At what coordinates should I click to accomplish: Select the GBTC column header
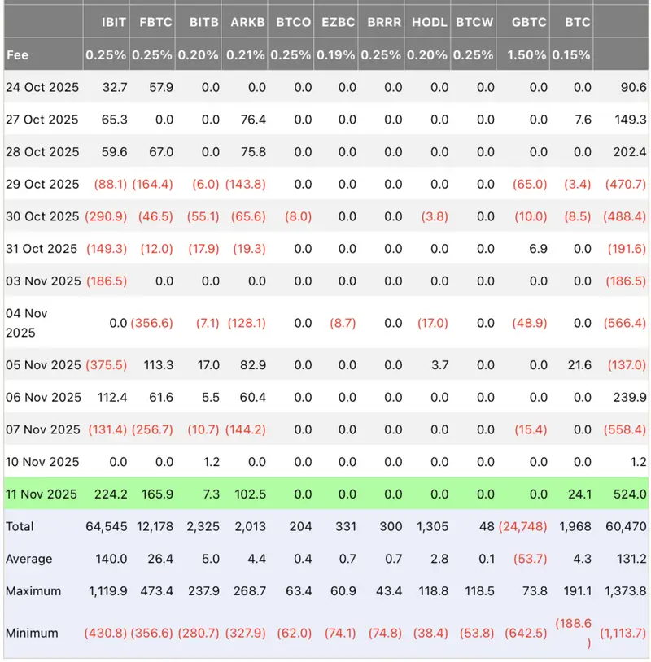pos(529,22)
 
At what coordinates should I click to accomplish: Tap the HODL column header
pos(429,22)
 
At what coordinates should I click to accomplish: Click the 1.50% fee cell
pos(528,55)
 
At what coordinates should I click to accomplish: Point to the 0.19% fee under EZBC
pos(337,55)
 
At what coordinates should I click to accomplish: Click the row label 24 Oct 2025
pos(42,87)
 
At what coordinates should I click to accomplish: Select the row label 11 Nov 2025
pos(42,494)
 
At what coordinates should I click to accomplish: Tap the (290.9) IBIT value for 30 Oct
pos(106,216)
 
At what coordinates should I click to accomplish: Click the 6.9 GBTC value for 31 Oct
pos(538,249)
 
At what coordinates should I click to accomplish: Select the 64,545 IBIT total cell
pos(106,526)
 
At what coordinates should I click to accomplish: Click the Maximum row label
pos(33,591)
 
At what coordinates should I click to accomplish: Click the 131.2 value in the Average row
pos(631,559)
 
